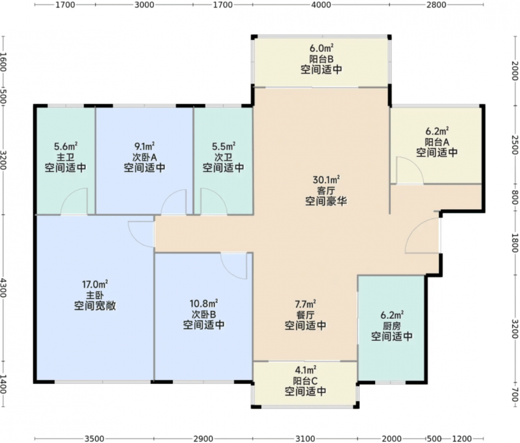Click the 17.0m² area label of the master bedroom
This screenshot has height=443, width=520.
[95, 284]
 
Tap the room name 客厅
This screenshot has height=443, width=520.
[326, 191]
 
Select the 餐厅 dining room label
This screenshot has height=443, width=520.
[305, 314]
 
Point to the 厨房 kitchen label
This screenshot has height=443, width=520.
[392, 325]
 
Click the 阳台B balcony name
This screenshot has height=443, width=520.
[321, 59]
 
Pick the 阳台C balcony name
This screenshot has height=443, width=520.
[305, 381]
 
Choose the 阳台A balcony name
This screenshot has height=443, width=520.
[437, 142]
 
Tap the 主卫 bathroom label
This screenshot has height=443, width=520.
[65, 157]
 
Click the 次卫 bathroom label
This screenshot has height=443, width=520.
[223, 157]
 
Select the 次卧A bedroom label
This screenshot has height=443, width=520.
[144, 157]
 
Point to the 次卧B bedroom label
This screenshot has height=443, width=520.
[203, 313]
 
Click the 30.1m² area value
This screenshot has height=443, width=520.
[326, 179]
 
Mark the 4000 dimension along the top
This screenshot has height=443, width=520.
[321, 5]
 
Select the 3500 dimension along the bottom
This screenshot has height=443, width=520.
[94, 439]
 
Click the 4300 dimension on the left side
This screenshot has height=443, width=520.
[3, 288]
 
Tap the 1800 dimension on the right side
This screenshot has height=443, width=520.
[515, 243]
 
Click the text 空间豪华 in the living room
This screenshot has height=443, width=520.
[326, 201]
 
